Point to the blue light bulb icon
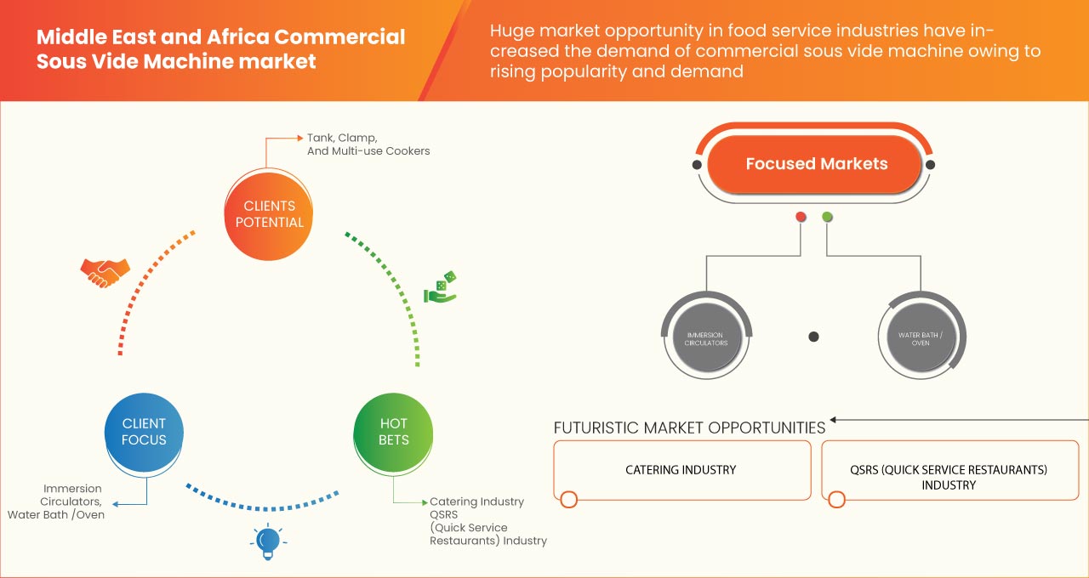point(268,541)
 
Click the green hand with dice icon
point(440,288)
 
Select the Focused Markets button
point(816,164)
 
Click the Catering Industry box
point(681,470)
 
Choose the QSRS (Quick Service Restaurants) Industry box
point(948,476)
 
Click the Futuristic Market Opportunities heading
point(689,428)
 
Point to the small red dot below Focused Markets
point(800,218)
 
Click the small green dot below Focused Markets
point(827,218)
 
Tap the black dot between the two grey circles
point(813,337)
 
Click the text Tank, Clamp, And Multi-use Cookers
point(368,144)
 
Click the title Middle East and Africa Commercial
point(221,37)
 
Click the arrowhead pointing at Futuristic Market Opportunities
point(835,420)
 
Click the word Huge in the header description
point(510,31)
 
